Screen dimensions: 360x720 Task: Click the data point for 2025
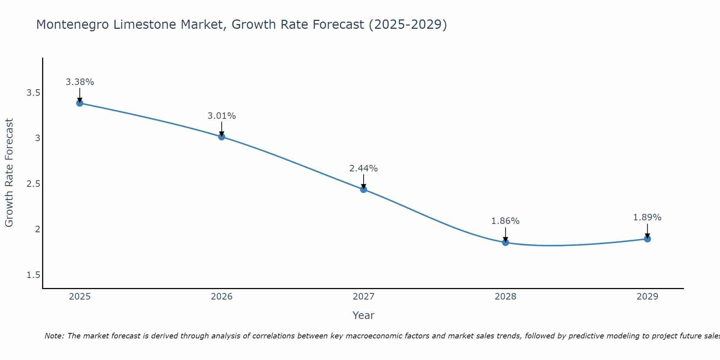click(x=80, y=103)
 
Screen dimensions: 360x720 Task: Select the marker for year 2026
click(x=221, y=137)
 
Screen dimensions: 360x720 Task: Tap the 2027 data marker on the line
click(x=363, y=189)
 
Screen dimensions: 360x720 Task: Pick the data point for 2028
click(x=505, y=242)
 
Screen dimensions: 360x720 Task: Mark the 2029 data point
click(x=647, y=239)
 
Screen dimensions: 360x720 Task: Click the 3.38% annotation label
click(x=80, y=82)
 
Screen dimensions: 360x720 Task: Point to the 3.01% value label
click(x=221, y=116)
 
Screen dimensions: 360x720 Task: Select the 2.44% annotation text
click(x=363, y=168)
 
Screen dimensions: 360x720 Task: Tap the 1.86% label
click(x=505, y=221)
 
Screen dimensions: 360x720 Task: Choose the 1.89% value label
click(x=647, y=217)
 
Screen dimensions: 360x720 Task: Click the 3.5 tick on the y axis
click(x=33, y=93)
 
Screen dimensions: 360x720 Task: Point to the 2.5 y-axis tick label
click(x=33, y=184)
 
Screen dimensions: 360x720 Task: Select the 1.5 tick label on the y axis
click(x=33, y=275)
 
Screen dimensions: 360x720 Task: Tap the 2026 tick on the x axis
click(x=221, y=297)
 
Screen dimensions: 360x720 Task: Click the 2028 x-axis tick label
click(x=505, y=297)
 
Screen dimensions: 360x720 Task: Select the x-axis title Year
click(x=363, y=315)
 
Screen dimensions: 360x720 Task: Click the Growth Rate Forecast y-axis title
click(x=9, y=173)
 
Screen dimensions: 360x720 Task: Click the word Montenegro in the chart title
click(x=72, y=25)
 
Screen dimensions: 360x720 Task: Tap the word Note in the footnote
click(x=54, y=336)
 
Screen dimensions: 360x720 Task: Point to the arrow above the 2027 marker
click(x=363, y=181)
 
